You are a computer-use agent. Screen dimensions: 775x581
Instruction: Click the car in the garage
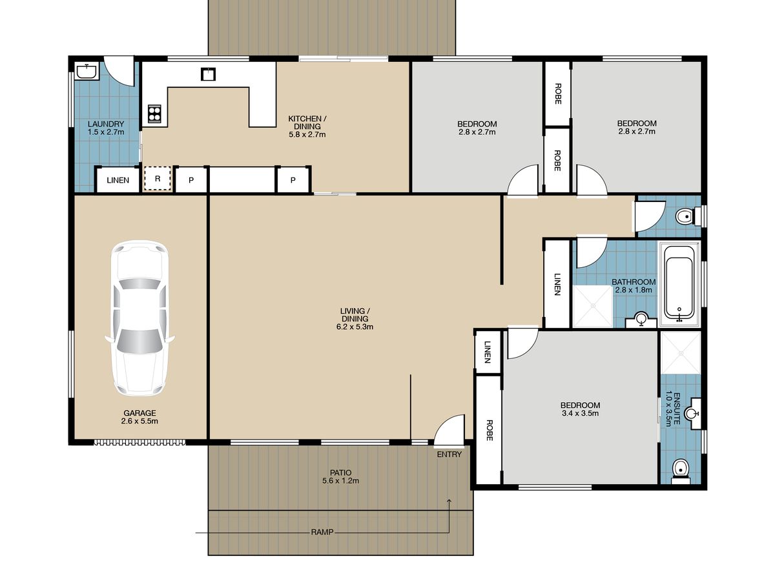tap(139, 318)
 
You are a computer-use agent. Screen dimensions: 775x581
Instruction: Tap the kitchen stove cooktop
tap(154, 114)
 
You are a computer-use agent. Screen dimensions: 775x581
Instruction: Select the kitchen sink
tap(208, 74)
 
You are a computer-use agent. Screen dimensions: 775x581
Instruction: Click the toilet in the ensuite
tap(681, 471)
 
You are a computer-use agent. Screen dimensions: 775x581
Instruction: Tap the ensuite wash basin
tap(692, 413)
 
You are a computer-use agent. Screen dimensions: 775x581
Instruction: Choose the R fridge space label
tap(158, 179)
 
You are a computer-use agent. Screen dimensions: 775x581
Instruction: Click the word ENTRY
tap(449, 454)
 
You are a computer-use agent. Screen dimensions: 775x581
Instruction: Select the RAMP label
tap(322, 532)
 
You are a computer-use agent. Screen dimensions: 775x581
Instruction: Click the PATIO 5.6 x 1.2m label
tap(341, 476)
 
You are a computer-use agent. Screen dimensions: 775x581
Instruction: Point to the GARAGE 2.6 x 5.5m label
tap(139, 416)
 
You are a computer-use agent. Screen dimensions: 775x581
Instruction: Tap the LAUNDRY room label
tap(106, 128)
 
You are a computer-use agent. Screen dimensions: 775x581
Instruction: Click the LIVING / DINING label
tap(355, 319)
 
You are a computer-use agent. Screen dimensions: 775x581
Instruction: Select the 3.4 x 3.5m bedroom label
tap(580, 409)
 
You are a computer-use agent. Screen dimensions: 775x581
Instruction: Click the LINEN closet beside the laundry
tap(118, 180)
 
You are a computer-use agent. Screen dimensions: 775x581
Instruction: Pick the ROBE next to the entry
tap(489, 431)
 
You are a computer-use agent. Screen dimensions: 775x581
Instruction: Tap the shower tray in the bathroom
tap(592, 306)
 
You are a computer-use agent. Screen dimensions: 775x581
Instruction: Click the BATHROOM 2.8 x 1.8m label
tap(634, 286)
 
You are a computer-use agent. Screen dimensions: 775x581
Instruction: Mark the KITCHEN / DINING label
tap(307, 127)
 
